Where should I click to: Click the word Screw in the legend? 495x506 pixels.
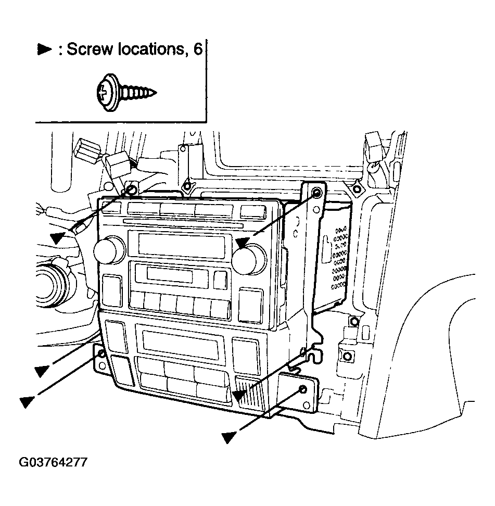pos(90,49)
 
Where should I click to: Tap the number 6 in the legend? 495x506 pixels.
pos(198,49)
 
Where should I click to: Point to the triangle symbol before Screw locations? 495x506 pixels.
pos(44,49)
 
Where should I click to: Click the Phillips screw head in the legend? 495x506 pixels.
pos(107,93)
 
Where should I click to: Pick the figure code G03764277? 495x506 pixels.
pos(53,462)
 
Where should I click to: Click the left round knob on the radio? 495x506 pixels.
pos(109,250)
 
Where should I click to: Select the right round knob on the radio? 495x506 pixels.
pos(249,258)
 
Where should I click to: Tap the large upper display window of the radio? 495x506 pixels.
pos(181,245)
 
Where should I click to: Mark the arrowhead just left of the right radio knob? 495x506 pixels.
pos(242,243)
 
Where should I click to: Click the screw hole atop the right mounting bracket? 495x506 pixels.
pos(318,193)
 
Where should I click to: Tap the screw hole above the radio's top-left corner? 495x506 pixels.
pos(132,189)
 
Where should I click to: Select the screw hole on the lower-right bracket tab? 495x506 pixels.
pos(303,389)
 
